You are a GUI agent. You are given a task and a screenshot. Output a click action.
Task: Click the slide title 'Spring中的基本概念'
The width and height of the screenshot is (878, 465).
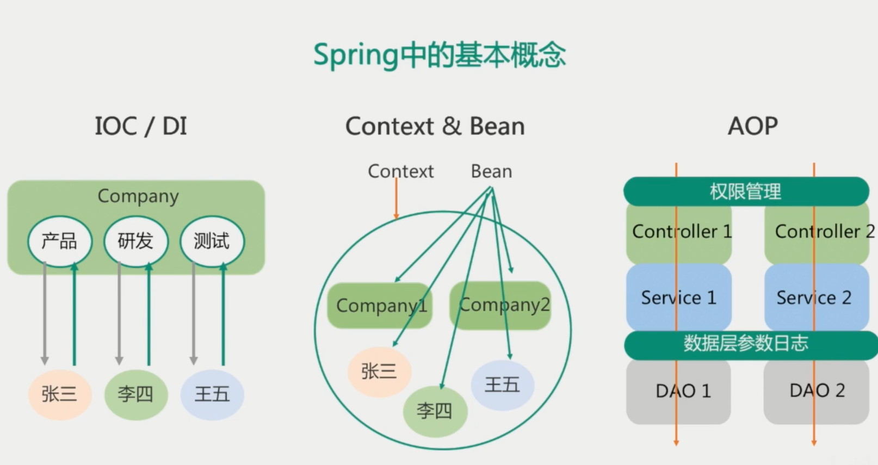[x=439, y=55]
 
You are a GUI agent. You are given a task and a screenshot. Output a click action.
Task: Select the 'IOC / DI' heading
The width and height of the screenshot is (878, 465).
[x=141, y=126]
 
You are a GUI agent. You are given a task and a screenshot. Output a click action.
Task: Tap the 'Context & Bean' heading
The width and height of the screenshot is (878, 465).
[x=435, y=126]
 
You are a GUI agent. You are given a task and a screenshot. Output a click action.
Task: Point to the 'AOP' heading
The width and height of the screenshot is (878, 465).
[x=752, y=126]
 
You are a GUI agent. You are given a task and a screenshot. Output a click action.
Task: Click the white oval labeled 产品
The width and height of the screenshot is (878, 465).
[x=60, y=241]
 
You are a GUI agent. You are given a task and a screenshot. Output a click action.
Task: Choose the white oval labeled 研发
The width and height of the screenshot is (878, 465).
[x=135, y=241]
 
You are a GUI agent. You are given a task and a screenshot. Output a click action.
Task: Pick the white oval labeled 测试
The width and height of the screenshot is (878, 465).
[x=212, y=241]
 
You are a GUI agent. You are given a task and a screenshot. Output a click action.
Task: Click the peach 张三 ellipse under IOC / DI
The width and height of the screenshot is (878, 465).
[x=59, y=394]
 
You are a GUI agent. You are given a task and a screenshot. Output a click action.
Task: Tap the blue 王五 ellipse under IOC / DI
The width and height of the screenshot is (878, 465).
[x=212, y=394]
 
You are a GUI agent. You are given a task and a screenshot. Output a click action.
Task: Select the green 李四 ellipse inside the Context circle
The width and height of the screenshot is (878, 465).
[x=434, y=411]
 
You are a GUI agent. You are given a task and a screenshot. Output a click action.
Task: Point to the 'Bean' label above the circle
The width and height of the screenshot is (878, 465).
[x=491, y=171]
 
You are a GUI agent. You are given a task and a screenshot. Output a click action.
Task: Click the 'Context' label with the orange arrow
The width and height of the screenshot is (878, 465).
[x=400, y=171]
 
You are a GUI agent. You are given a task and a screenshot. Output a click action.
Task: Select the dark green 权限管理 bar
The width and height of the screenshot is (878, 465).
[x=745, y=191]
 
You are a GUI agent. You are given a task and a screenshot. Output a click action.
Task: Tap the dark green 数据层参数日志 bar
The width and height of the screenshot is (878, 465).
[x=745, y=344]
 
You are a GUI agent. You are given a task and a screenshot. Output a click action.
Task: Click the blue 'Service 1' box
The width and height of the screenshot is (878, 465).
[x=678, y=297]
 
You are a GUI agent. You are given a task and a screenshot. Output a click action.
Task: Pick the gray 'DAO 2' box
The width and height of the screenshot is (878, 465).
[x=817, y=391]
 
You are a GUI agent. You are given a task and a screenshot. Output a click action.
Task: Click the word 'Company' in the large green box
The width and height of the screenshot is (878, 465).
[x=138, y=196]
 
